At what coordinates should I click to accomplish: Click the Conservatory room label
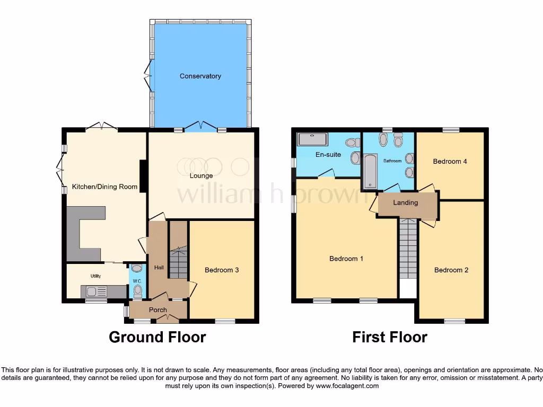pos(200,76)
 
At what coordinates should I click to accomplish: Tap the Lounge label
pos(201,175)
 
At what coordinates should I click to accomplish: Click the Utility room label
pos(95,276)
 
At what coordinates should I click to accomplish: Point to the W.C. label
pos(137,281)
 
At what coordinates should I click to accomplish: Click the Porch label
pos(158,310)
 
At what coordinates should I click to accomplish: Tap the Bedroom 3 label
pos(222,270)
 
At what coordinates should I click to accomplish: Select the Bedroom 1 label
pos(346,259)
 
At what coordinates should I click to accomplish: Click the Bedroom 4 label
pos(450,162)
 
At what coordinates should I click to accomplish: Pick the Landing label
pos(406,202)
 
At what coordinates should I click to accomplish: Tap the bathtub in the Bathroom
pos(370,171)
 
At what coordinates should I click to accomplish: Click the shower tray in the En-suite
pos(313,139)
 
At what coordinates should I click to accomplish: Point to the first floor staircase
pos(408,249)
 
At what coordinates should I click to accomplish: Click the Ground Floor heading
pos(157,337)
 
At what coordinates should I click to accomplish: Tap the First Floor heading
pos(390,337)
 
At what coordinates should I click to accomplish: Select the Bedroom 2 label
pos(451,270)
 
